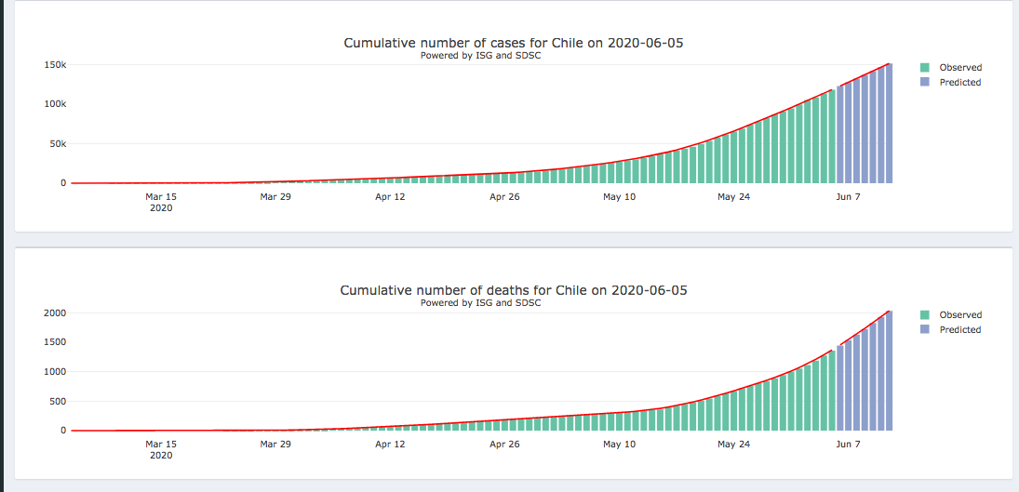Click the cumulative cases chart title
514,43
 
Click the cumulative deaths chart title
514,290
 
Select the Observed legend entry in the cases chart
959,68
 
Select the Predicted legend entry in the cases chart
959,83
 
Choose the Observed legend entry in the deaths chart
959,315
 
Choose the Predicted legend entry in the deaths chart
959,330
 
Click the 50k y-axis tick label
57,144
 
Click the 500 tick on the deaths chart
58,402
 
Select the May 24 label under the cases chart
733,197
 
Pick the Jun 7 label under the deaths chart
848,445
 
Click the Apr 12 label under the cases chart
390,197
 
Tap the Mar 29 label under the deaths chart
275,445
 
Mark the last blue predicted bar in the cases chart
889,126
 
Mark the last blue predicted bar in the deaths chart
889,372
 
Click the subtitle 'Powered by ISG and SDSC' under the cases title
480,56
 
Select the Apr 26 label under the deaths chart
503,445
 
